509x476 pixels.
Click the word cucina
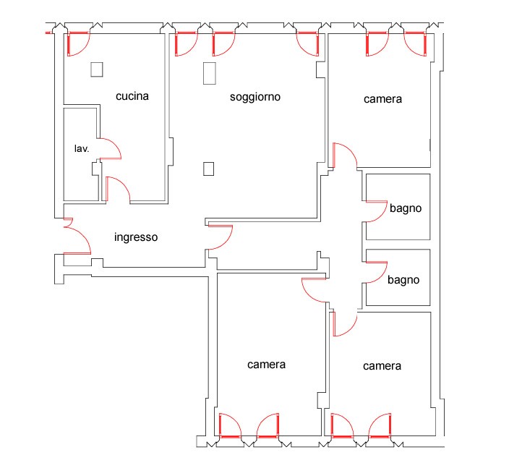(x=132, y=96)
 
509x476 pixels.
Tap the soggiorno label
(x=255, y=97)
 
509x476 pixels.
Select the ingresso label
(x=136, y=237)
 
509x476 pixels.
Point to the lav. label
(x=82, y=149)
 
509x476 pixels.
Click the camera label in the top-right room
(x=382, y=99)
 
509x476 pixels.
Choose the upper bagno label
(x=406, y=208)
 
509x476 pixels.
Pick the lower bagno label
(x=403, y=280)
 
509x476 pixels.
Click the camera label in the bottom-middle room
(x=267, y=365)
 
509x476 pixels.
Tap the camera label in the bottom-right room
(x=382, y=366)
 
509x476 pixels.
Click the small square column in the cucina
(x=97, y=69)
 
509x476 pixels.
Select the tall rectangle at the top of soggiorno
(x=210, y=73)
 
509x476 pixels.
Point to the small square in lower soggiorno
(x=208, y=169)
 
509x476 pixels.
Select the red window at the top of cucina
(x=78, y=44)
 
